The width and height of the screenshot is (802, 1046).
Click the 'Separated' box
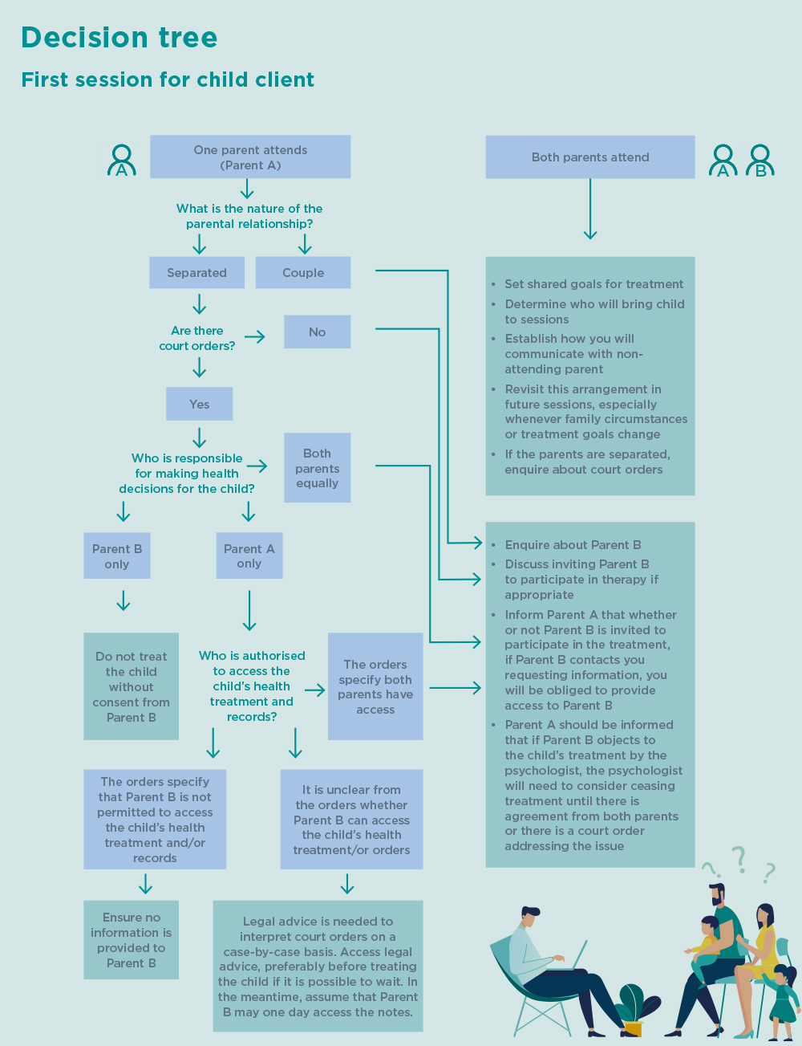pos(196,272)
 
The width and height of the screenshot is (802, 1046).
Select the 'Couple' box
pos(303,272)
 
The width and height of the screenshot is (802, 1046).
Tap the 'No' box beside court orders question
pos(318,332)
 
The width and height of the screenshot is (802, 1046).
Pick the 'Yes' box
pos(200,404)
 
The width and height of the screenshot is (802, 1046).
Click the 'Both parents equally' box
pos(318,468)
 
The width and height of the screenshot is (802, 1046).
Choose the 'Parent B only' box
pos(117,556)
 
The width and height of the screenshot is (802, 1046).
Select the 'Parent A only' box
pos(249,556)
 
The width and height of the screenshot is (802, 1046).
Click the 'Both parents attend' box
pos(590,157)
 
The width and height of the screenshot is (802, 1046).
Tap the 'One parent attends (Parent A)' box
pos(250,157)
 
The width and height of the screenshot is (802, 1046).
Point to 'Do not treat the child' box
pos(132,686)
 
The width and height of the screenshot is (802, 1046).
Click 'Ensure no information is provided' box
pos(132,940)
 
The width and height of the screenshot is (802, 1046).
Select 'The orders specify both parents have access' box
pos(375,686)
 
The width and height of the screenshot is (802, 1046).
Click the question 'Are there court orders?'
pos(197,339)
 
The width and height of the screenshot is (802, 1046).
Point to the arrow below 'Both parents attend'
pos(590,209)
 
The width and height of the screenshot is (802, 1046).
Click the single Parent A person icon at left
pos(122,161)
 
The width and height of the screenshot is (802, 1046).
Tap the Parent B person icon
pos(760,161)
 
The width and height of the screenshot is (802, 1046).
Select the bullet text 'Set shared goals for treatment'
pos(593,284)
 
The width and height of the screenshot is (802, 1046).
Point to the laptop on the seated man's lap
pos(572,955)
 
